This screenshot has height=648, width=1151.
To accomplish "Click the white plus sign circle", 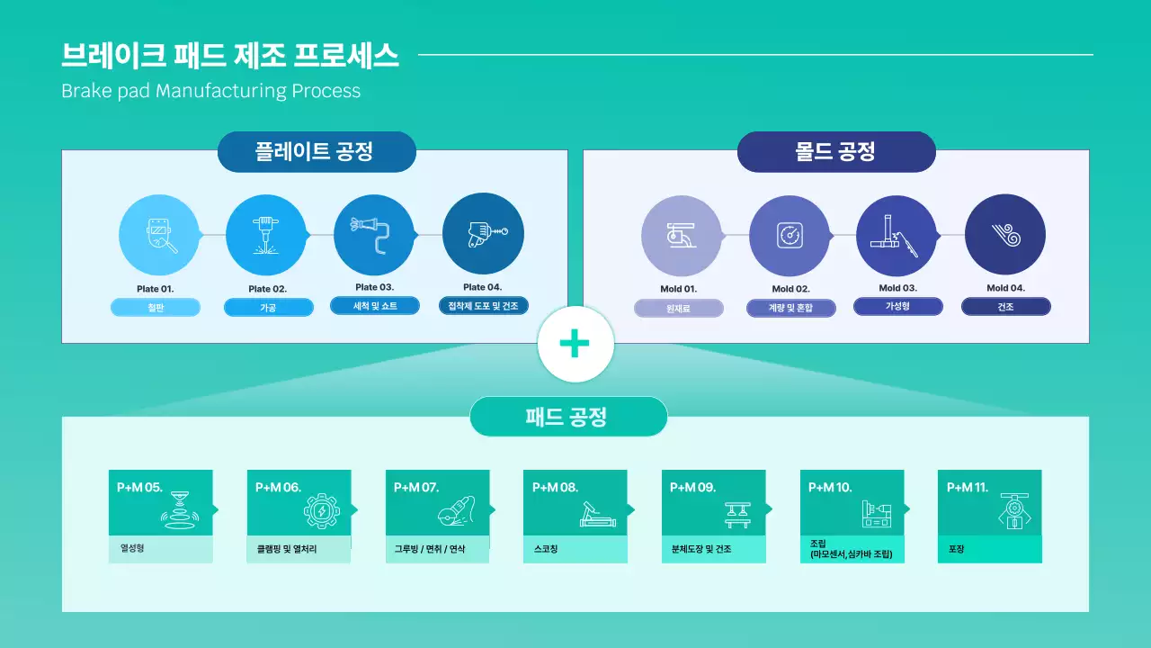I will click(575, 344).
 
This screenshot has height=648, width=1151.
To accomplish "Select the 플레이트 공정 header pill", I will click(317, 151).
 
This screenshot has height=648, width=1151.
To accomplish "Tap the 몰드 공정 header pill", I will click(836, 151).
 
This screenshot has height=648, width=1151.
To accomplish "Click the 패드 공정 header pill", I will click(568, 417).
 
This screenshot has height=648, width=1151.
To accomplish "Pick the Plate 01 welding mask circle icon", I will click(159, 235).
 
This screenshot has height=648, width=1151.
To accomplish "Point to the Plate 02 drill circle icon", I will click(266, 235).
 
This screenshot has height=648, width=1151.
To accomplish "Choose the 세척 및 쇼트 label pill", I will click(375, 306).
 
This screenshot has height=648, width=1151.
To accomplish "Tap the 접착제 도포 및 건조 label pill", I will click(483, 306).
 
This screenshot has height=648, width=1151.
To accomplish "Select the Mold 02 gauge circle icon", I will click(789, 235).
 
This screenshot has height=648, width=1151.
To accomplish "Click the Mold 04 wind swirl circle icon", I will click(1004, 235).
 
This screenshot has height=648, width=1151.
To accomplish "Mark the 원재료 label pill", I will click(678, 309).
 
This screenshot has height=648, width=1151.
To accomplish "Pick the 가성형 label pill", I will click(897, 306).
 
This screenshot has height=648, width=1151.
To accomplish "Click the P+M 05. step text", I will click(139, 488).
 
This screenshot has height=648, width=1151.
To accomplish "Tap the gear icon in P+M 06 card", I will click(321, 512).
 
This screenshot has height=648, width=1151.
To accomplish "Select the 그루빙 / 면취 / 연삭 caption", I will click(430, 549).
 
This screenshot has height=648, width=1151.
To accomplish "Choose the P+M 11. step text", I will click(968, 488).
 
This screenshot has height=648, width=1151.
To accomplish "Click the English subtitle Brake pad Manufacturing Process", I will click(210, 91).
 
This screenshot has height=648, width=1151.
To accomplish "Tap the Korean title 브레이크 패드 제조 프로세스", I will click(229, 56).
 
